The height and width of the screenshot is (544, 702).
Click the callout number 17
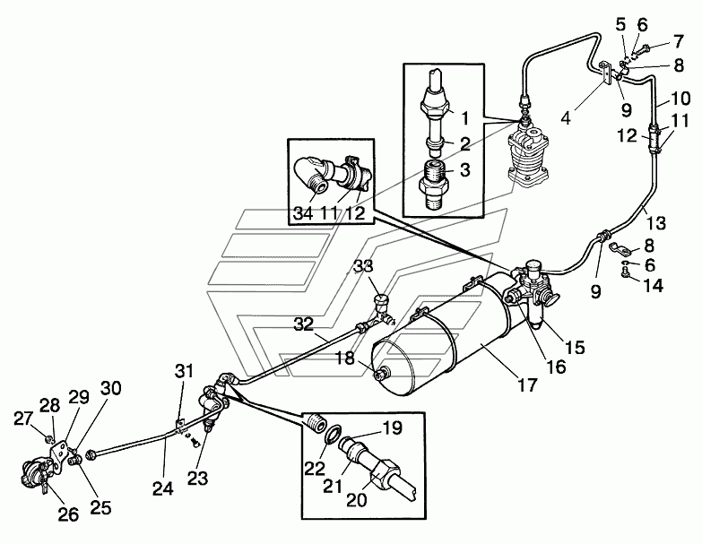coord(527,384)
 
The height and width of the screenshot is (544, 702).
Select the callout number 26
coord(68,514)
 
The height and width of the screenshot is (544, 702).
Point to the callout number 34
coord(303,213)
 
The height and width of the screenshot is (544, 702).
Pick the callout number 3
coord(464,170)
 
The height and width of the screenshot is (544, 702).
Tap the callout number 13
coord(656,222)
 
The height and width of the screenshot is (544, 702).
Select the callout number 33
coord(363,266)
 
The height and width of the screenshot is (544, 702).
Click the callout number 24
coord(162,488)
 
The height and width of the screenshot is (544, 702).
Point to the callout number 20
coord(356,499)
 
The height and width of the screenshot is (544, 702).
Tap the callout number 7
coord(679,41)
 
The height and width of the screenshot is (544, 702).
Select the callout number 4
coord(567,118)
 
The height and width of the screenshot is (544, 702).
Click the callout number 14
coord(654,285)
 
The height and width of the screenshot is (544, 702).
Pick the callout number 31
coord(185,371)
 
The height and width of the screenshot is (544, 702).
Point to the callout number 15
coord(576,347)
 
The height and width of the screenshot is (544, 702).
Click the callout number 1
coord(465,118)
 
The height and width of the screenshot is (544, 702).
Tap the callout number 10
coord(681,99)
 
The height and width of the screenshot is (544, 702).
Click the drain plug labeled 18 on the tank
coord(382,372)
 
